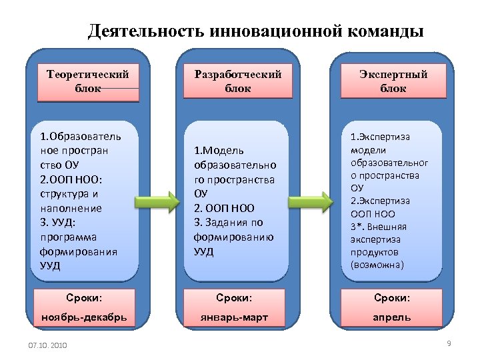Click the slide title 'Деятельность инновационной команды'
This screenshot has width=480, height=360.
pos(255,31)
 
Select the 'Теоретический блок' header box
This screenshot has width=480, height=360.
pos(88,81)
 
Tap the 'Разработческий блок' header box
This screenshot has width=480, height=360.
pos(238,81)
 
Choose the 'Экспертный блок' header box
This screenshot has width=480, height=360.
pos(393,81)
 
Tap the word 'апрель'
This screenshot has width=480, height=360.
pos(392,317)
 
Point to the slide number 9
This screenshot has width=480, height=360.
pos(449,343)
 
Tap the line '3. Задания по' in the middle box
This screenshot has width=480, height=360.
pos(229,223)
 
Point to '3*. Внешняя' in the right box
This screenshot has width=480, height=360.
pos(378,227)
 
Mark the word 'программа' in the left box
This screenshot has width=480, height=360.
pos(69,237)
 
